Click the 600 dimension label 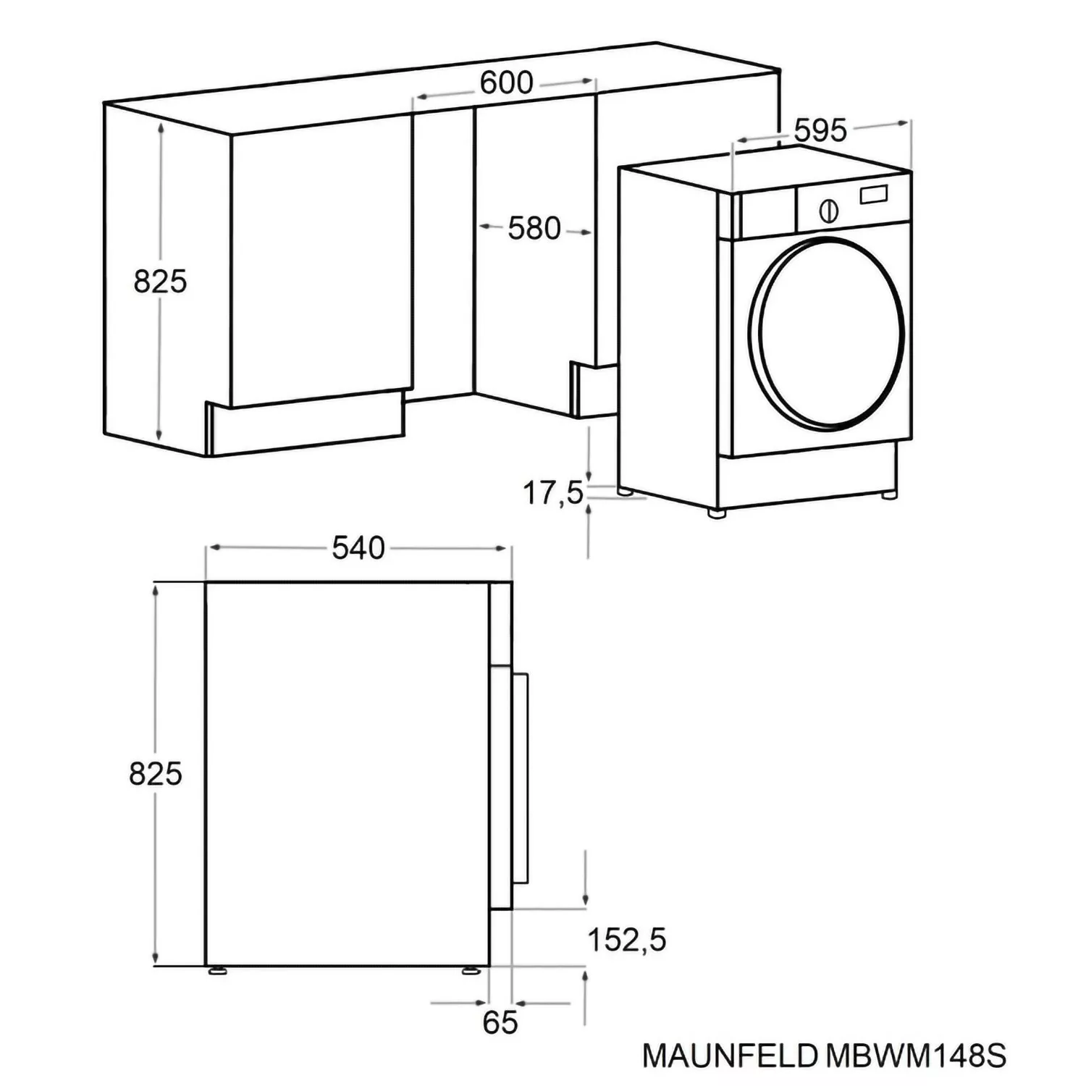506,83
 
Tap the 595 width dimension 820,130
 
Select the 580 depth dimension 534,229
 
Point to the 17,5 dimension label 553,494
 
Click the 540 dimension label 358,548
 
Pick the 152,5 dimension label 626,940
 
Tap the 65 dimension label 500,1022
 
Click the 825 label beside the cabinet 160,282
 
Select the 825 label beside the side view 156,774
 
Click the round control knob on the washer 829,211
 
